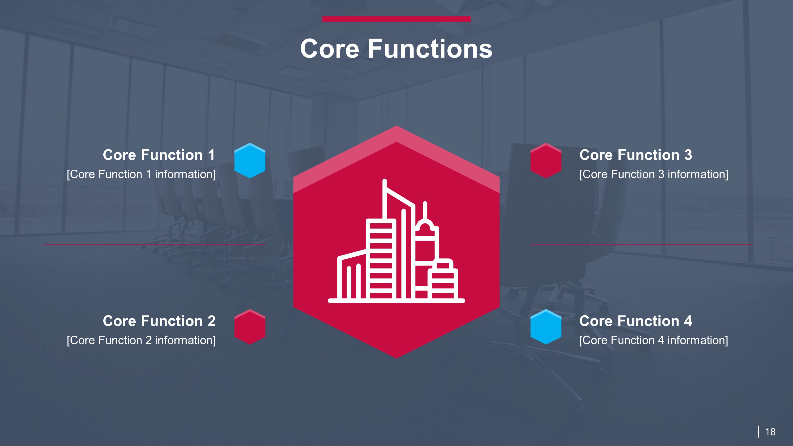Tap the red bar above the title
[x=396, y=19]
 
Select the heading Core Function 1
[x=159, y=155]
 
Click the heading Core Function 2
[x=159, y=321]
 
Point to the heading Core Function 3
[x=636, y=155]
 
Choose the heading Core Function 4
[x=636, y=321]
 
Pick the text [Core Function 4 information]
[x=653, y=340]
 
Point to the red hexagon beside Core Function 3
[x=546, y=161]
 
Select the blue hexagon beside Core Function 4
[x=546, y=327]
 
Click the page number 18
[x=770, y=432]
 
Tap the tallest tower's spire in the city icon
[x=385, y=191]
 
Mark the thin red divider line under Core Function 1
[x=154, y=245]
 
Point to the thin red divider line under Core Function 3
[x=641, y=245]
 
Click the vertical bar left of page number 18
[x=758, y=431]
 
